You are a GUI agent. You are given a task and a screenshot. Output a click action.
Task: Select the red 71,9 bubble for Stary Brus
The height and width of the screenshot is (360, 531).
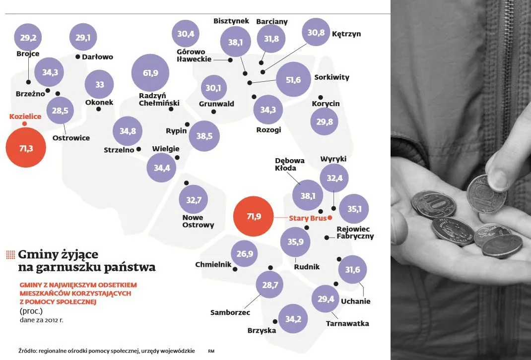(x=253, y=216)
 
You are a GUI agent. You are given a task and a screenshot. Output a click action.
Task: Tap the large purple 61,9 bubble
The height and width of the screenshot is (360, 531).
(x=150, y=73)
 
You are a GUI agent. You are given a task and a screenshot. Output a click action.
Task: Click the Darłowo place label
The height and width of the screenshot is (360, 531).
(x=97, y=57)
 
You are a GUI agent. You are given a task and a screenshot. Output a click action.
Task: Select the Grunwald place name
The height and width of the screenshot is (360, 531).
(x=216, y=104)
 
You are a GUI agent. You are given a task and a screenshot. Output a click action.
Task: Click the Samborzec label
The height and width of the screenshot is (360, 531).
(x=230, y=312)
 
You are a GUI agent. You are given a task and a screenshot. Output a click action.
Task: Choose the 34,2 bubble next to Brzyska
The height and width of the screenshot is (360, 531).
(x=293, y=319)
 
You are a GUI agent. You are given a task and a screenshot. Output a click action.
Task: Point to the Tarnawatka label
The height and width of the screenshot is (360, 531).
(x=347, y=323)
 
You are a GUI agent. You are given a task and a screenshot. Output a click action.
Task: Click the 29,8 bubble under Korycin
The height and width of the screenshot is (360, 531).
(x=325, y=122)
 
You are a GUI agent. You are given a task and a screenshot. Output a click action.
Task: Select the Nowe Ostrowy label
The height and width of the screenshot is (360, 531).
(x=198, y=221)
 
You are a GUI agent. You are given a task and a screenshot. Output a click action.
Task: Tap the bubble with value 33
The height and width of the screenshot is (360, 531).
(x=100, y=85)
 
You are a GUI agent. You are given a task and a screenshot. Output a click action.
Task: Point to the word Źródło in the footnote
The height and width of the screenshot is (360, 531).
(x=28, y=351)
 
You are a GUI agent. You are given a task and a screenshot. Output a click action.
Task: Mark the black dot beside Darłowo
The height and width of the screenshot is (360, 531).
(x=78, y=57)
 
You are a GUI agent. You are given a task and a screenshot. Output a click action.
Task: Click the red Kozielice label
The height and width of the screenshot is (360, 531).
(x=25, y=117)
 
